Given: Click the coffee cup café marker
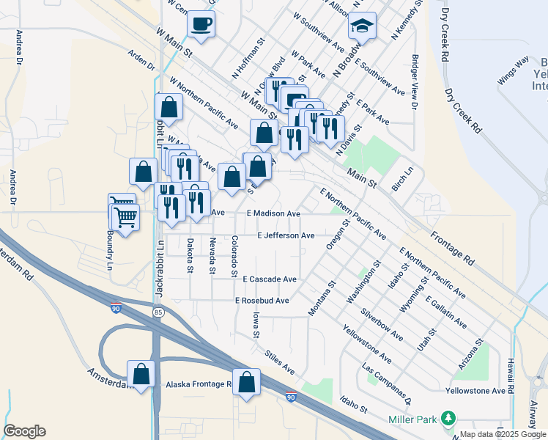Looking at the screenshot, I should click(x=201, y=23).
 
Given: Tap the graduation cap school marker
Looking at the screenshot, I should click(x=362, y=26).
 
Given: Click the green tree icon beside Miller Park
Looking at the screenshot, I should click(x=447, y=419).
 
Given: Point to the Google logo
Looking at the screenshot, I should click(x=24, y=431).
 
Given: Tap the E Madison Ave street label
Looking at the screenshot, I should click(x=273, y=213).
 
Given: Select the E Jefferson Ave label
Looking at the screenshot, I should click(x=286, y=235).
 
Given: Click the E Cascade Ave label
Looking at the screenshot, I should click(x=270, y=279).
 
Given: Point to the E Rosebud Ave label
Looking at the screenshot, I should click(x=262, y=301).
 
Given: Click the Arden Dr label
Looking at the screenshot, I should click(x=141, y=60).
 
